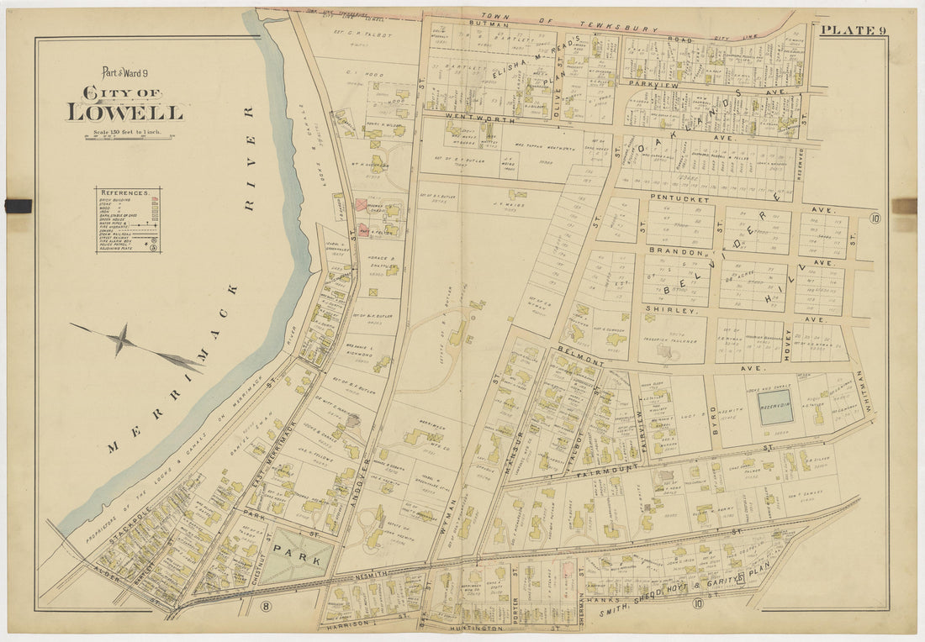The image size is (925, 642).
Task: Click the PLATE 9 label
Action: coord(852,30)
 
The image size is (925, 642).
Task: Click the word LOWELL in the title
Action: coord(124,112)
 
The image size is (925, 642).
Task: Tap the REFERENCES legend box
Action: coord(128,220)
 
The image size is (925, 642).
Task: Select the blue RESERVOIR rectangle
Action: coord(776,406)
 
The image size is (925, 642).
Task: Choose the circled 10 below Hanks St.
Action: coord(697,602)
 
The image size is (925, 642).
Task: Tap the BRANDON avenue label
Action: coord(674,251)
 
